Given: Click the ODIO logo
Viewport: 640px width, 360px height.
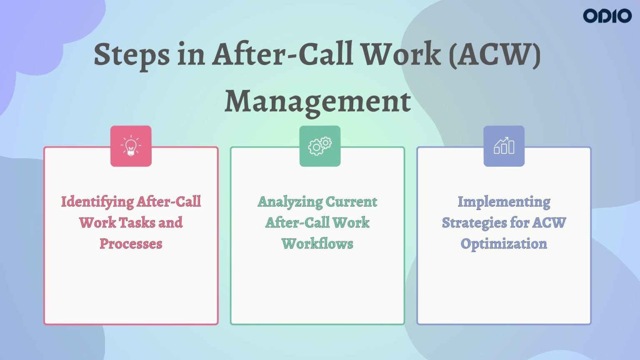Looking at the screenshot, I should point(607,16).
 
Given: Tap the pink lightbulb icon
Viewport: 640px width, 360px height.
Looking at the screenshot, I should point(131,146).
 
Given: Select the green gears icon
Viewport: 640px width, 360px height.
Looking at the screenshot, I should point(320,146).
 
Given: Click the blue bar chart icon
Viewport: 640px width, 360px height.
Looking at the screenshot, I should point(504,146).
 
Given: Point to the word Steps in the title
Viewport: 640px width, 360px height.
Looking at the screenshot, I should point(132,55).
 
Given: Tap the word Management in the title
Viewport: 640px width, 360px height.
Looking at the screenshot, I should point(317,101).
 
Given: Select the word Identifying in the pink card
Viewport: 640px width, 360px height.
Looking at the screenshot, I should point(97,202).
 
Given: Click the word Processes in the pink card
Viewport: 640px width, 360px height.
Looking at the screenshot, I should point(131,244).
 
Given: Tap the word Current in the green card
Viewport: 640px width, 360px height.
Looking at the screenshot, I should point(351,202).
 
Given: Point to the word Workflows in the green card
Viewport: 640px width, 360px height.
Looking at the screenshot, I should point(317,244).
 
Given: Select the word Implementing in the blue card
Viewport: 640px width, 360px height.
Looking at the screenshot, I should point(504,202).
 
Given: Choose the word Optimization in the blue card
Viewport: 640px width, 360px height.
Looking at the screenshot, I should point(504,244).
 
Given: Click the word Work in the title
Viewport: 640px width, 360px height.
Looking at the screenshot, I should point(400,54).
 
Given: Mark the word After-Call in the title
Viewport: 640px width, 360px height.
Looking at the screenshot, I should point(283,54).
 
